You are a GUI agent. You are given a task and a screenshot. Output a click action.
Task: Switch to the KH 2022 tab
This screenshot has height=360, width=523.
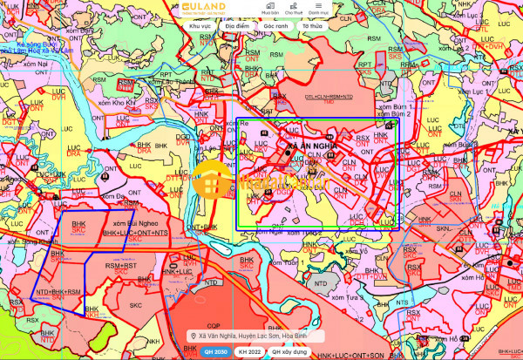pos(248,351)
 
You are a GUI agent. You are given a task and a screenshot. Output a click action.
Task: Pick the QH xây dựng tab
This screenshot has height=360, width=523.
pos(288,351)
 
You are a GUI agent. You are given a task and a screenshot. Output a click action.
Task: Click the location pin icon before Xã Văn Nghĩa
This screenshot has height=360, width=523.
pos(192,335)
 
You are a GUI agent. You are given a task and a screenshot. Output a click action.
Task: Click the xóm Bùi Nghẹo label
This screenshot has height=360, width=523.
pos(123,223)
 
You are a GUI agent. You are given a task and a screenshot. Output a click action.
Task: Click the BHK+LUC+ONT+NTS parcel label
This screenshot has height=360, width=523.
pos(136,234)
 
